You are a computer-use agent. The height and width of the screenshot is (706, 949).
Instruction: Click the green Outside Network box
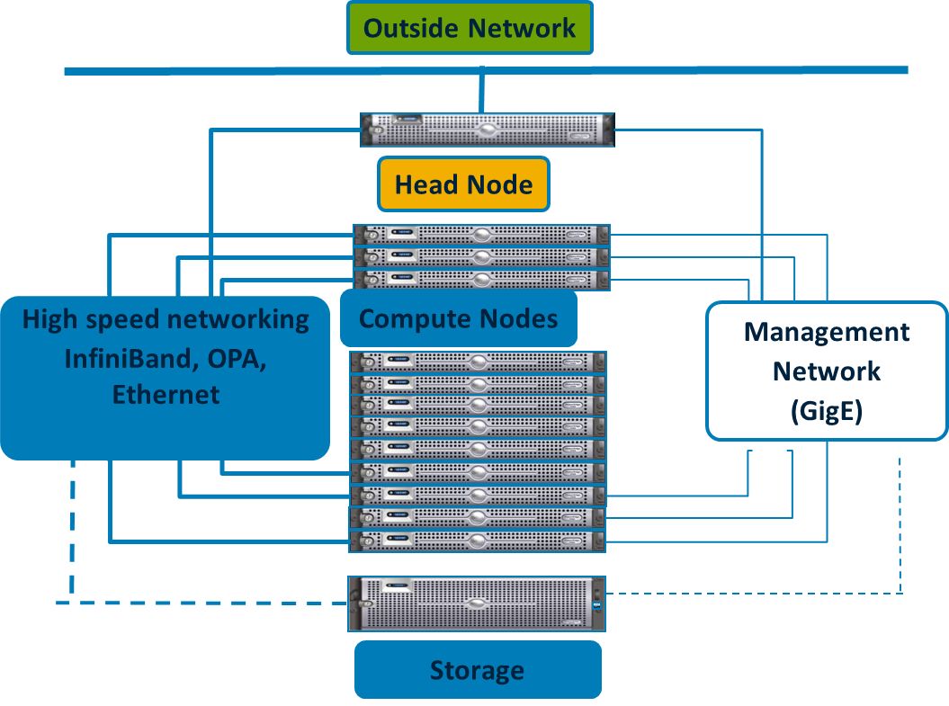[469, 28]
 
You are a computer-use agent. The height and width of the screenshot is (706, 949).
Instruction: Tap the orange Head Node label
[464, 186]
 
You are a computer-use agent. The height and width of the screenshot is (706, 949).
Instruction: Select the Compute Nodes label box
[458, 318]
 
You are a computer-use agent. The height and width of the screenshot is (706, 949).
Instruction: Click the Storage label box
[477, 670]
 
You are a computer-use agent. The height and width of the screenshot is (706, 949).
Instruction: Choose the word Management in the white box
[827, 333]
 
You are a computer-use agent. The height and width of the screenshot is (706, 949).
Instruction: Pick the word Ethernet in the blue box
[166, 394]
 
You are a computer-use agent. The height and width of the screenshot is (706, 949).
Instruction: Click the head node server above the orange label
[487, 130]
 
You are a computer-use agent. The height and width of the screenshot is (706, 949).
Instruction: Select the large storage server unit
[477, 603]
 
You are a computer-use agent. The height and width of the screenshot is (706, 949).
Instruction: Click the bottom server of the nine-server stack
[477, 541]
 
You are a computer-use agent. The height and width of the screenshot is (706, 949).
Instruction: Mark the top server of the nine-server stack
[477, 362]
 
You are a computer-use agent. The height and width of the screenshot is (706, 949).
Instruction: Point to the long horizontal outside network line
[270, 70]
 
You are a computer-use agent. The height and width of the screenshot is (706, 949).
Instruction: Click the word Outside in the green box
[411, 28]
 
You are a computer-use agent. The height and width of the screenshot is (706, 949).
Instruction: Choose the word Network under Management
[827, 371]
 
